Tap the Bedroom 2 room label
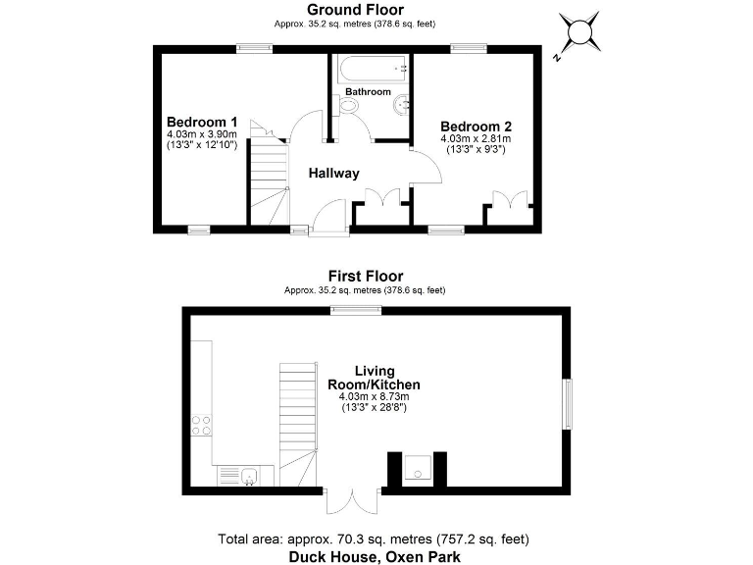click(476, 127)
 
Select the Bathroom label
click(368, 92)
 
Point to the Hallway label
click(334, 174)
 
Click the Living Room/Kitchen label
click(376, 378)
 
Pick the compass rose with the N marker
click(580, 33)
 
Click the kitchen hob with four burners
click(202, 425)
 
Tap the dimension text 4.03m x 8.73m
click(375, 396)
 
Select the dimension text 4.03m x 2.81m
click(476, 139)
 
